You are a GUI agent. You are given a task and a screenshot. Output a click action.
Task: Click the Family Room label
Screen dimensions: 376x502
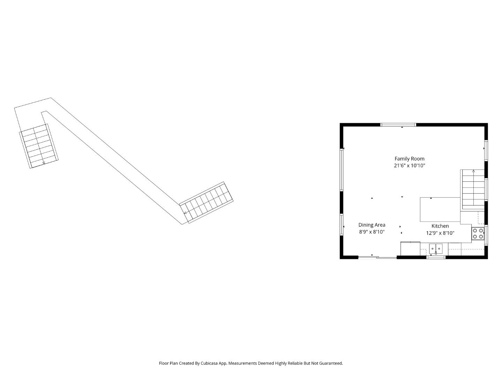(x=409, y=159)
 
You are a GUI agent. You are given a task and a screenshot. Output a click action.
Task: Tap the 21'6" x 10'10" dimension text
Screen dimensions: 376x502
(x=409, y=166)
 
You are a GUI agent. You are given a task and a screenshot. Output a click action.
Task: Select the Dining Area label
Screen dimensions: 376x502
(x=372, y=225)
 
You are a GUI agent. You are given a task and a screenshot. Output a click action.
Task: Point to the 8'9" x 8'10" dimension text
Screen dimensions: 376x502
(x=372, y=232)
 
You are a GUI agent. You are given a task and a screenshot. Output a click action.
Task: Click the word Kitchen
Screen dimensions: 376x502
(x=440, y=226)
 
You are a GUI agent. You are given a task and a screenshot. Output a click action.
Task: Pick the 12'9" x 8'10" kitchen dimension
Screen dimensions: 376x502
(x=440, y=233)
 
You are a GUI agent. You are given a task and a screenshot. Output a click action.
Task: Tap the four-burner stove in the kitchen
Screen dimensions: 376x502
(x=478, y=234)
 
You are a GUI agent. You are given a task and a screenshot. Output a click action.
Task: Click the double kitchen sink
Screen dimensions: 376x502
(x=435, y=248)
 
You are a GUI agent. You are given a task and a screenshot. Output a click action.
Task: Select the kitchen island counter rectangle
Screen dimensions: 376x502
(x=440, y=209)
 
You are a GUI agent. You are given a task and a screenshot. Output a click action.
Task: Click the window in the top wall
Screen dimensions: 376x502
(x=398, y=125)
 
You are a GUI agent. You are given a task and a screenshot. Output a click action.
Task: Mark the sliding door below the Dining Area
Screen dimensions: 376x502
(x=378, y=257)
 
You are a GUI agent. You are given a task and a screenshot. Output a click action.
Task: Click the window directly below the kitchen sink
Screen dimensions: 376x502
(x=436, y=257)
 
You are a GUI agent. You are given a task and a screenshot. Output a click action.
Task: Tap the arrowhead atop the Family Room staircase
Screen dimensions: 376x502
(x=473, y=171)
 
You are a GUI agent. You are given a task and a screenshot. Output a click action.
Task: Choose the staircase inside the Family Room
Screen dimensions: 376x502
(x=473, y=190)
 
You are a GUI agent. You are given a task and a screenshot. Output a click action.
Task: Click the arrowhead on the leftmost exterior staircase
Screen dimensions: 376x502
(x=44, y=163)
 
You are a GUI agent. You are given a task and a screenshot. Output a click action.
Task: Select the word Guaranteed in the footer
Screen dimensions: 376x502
(x=331, y=363)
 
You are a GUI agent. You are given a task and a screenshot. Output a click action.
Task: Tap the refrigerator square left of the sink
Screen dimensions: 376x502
(x=410, y=249)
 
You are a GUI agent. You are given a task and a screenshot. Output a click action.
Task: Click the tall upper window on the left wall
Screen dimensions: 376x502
(x=342, y=170)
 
